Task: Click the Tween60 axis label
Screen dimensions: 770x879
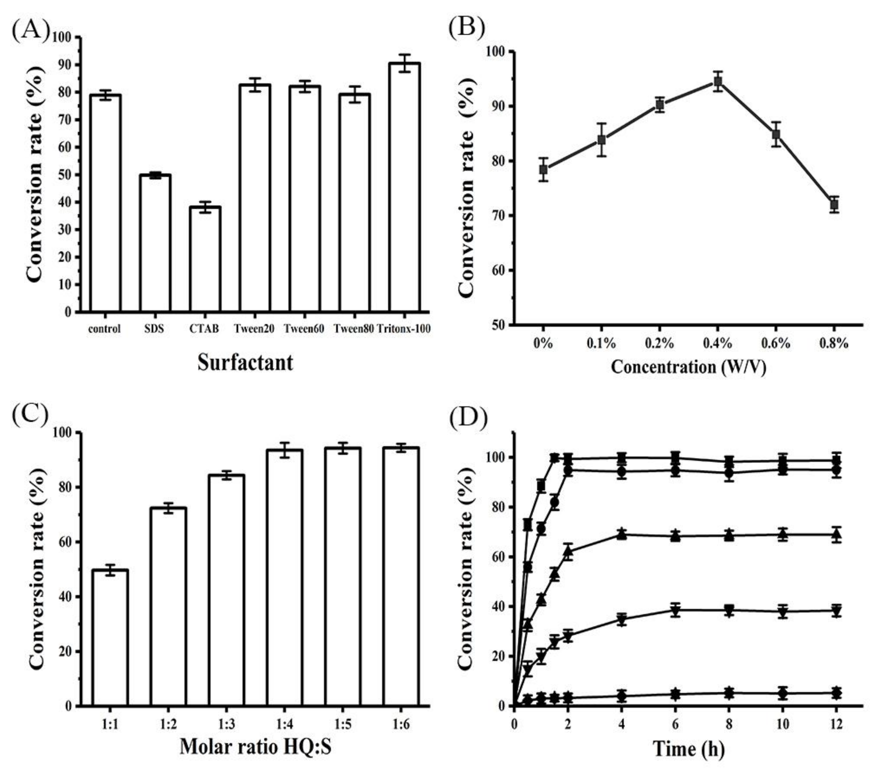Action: pos(304,329)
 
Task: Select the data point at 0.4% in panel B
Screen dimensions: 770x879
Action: pos(717,82)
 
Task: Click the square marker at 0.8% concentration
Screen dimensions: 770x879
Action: pos(834,205)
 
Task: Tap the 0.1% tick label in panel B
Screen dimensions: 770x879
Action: pos(601,343)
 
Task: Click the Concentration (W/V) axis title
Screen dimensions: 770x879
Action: pos(688,367)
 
